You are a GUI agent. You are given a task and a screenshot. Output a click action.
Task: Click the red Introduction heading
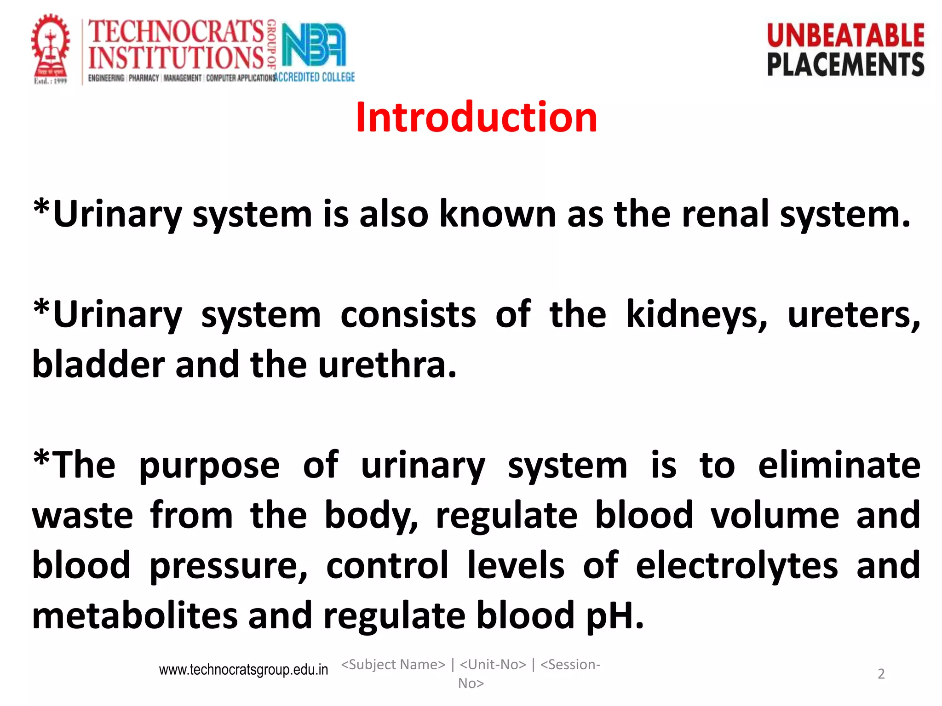pyautogui.click(x=476, y=118)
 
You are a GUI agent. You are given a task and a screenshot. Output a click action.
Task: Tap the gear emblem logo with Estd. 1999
pyautogui.click(x=51, y=48)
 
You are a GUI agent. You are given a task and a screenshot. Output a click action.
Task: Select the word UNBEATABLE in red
pyautogui.click(x=845, y=36)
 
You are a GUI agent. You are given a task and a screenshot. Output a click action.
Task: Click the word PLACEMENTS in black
pyautogui.click(x=845, y=64)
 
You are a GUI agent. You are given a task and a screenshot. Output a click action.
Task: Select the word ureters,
pyautogui.click(x=854, y=315)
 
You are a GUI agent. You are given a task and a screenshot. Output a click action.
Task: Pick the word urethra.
pyautogui.click(x=387, y=365)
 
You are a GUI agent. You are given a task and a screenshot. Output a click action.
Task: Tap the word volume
pyautogui.click(x=775, y=515)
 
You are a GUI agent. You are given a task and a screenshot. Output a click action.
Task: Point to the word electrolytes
pyautogui.click(x=736, y=565)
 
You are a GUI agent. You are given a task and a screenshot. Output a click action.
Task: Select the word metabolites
pyautogui.click(x=135, y=615)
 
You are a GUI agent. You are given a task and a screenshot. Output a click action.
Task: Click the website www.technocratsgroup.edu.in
pyautogui.click(x=243, y=670)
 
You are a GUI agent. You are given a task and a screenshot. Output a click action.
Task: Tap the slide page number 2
pyautogui.click(x=881, y=674)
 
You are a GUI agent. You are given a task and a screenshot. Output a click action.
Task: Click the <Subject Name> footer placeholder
pyautogui.click(x=393, y=665)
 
